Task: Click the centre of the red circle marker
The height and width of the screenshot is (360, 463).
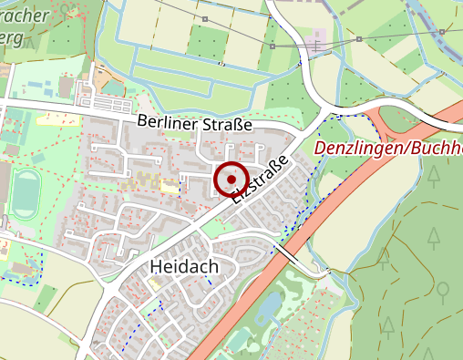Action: click(231, 180)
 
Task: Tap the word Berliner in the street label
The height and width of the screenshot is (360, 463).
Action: click(168, 121)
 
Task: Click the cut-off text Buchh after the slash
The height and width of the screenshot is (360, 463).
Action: click(437, 148)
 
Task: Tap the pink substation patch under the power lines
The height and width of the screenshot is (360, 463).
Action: click(316, 46)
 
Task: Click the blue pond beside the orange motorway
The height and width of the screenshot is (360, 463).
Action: click(270, 307)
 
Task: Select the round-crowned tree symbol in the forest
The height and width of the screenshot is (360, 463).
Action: click(443, 292)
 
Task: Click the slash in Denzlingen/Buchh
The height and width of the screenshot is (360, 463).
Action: click(407, 148)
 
